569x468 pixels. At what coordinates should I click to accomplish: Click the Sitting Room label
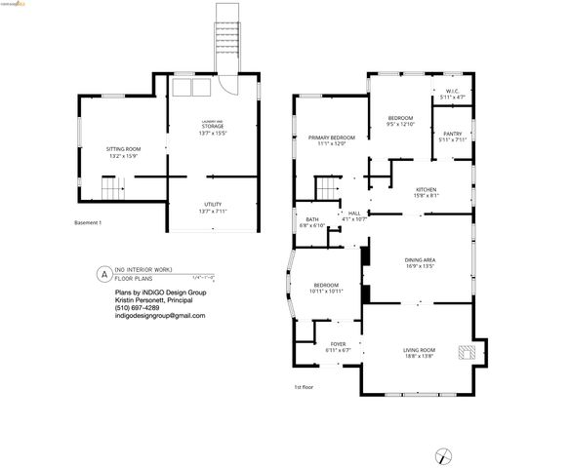(x=123, y=152)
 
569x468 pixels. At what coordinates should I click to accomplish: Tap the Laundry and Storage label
(x=213, y=126)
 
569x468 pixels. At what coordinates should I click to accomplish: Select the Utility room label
(x=213, y=208)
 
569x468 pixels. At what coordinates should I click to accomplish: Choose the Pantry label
(x=452, y=136)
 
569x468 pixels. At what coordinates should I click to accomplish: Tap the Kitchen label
(x=427, y=192)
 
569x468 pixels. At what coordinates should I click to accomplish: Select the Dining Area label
(x=420, y=262)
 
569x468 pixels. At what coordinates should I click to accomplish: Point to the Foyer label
(x=338, y=346)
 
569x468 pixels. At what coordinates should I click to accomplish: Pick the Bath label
(x=312, y=222)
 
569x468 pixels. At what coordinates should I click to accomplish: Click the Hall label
(x=353, y=215)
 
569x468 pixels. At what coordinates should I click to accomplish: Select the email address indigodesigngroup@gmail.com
(x=159, y=316)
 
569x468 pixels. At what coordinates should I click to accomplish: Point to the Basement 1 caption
(x=88, y=223)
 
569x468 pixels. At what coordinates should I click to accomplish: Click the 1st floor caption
(x=304, y=387)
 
